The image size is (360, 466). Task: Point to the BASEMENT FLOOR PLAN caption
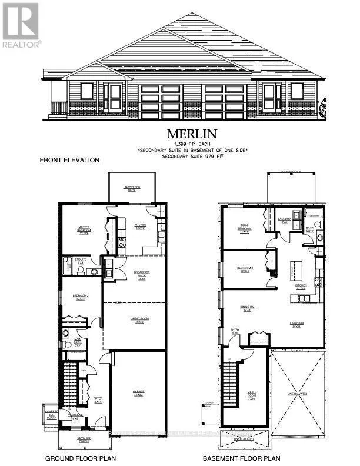[241, 458]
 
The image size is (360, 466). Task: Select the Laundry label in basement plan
[284, 220]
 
